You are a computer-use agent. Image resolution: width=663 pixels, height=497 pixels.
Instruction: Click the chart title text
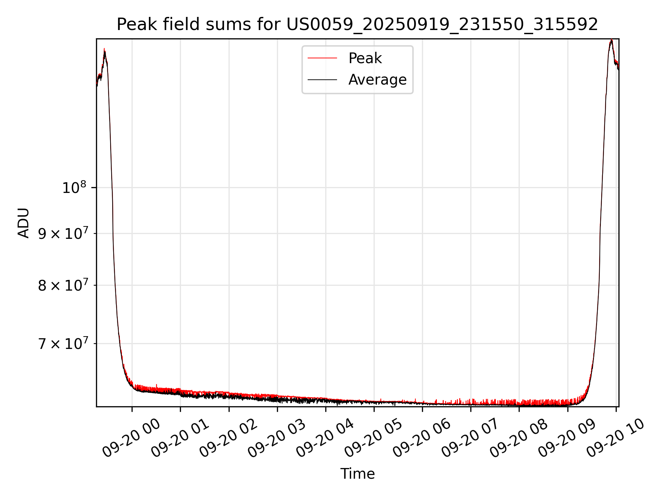click(357, 25)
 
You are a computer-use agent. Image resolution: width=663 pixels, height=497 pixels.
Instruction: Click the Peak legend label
click(365, 58)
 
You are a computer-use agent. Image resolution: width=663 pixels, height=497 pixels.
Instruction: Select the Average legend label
click(377, 80)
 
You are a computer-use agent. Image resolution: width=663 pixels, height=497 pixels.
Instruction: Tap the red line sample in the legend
click(322, 58)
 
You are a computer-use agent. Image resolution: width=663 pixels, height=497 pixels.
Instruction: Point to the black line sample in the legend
click(322, 80)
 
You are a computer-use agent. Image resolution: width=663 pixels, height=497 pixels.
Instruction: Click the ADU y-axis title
click(23, 223)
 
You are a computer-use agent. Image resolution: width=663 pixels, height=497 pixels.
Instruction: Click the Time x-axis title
click(357, 474)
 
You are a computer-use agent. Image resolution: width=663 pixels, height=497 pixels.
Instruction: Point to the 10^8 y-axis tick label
click(74, 188)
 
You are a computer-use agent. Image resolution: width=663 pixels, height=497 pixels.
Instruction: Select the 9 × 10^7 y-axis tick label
click(63, 234)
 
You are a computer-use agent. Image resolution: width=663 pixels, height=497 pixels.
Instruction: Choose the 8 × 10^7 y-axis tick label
click(63, 285)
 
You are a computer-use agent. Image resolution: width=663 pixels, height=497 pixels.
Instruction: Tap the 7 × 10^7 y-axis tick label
click(63, 344)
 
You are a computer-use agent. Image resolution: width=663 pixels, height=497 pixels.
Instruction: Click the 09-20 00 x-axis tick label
click(132, 438)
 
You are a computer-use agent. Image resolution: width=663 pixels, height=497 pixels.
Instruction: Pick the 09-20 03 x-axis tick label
click(277, 438)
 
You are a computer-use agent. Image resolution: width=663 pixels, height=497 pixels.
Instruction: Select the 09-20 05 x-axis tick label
click(374, 438)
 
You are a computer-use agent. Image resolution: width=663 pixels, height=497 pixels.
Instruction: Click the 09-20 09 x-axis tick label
click(567, 438)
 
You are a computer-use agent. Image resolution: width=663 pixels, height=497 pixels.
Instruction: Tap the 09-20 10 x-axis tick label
click(616, 438)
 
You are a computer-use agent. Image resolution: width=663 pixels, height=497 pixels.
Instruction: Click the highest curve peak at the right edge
click(612, 40)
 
